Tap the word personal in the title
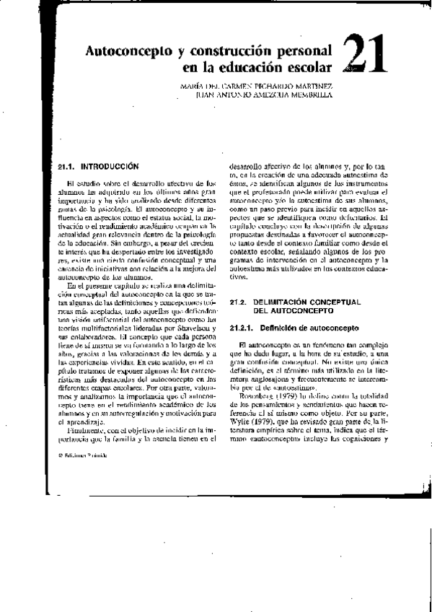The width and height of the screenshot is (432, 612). tap(298, 52)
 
